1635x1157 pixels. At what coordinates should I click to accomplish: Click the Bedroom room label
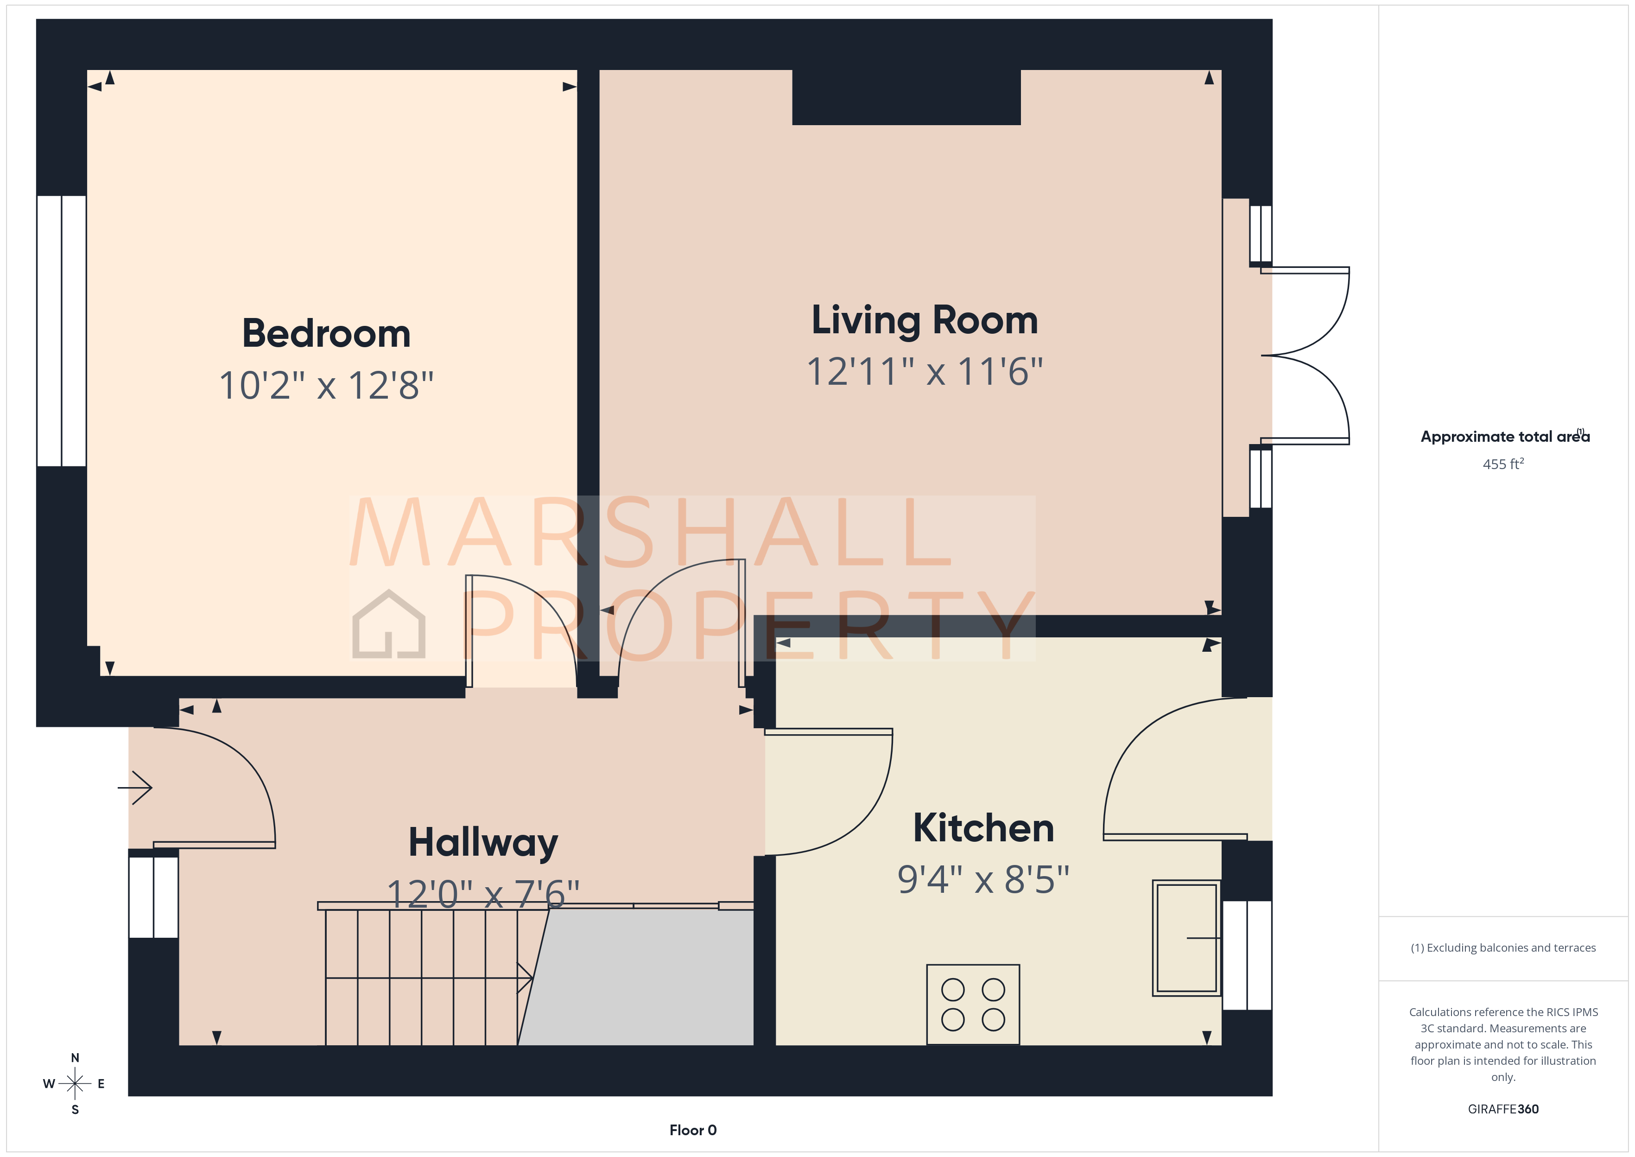click(x=326, y=333)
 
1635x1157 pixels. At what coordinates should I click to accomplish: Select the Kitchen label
click(x=983, y=828)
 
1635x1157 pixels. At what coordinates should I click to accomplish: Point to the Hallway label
click(x=483, y=843)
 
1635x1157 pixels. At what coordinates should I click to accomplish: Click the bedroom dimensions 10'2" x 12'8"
click(x=326, y=385)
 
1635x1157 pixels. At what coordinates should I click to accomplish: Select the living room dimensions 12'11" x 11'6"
click(x=924, y=371)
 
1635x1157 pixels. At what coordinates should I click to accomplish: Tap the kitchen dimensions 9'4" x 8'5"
click(x=983, y=879)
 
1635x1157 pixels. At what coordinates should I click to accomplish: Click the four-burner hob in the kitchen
click(x=973, y=1004)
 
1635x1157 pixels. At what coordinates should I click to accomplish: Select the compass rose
click(x=75, y=1084)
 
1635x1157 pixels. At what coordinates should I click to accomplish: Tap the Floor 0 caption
click(x=692, y=1130)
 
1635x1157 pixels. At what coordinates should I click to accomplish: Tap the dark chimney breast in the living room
click(x=906, y=98)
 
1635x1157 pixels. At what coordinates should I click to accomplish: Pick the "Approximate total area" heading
click(x=1504, y=437)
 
